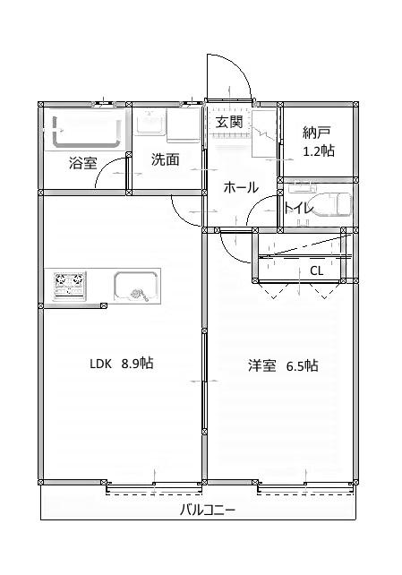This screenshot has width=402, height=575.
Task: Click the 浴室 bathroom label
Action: (x=83, y=163)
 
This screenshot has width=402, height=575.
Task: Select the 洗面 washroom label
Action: (x=165, y=159)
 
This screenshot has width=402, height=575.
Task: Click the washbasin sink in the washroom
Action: (x=149, y=124)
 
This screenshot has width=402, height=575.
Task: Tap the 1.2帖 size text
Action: (x=319, y=151)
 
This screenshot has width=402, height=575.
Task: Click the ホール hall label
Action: (x=240, y=187)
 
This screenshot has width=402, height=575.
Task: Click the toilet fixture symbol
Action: (x=331, y=205)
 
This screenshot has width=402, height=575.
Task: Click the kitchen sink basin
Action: (x=136, y=287)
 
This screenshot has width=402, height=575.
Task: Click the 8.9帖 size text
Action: (x=137, y=364)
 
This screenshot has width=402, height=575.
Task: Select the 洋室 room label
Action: (x=262, y=365)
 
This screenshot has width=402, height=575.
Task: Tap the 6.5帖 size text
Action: (x=303, y=365)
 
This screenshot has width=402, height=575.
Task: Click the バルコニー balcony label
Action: (x=208, y=510)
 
